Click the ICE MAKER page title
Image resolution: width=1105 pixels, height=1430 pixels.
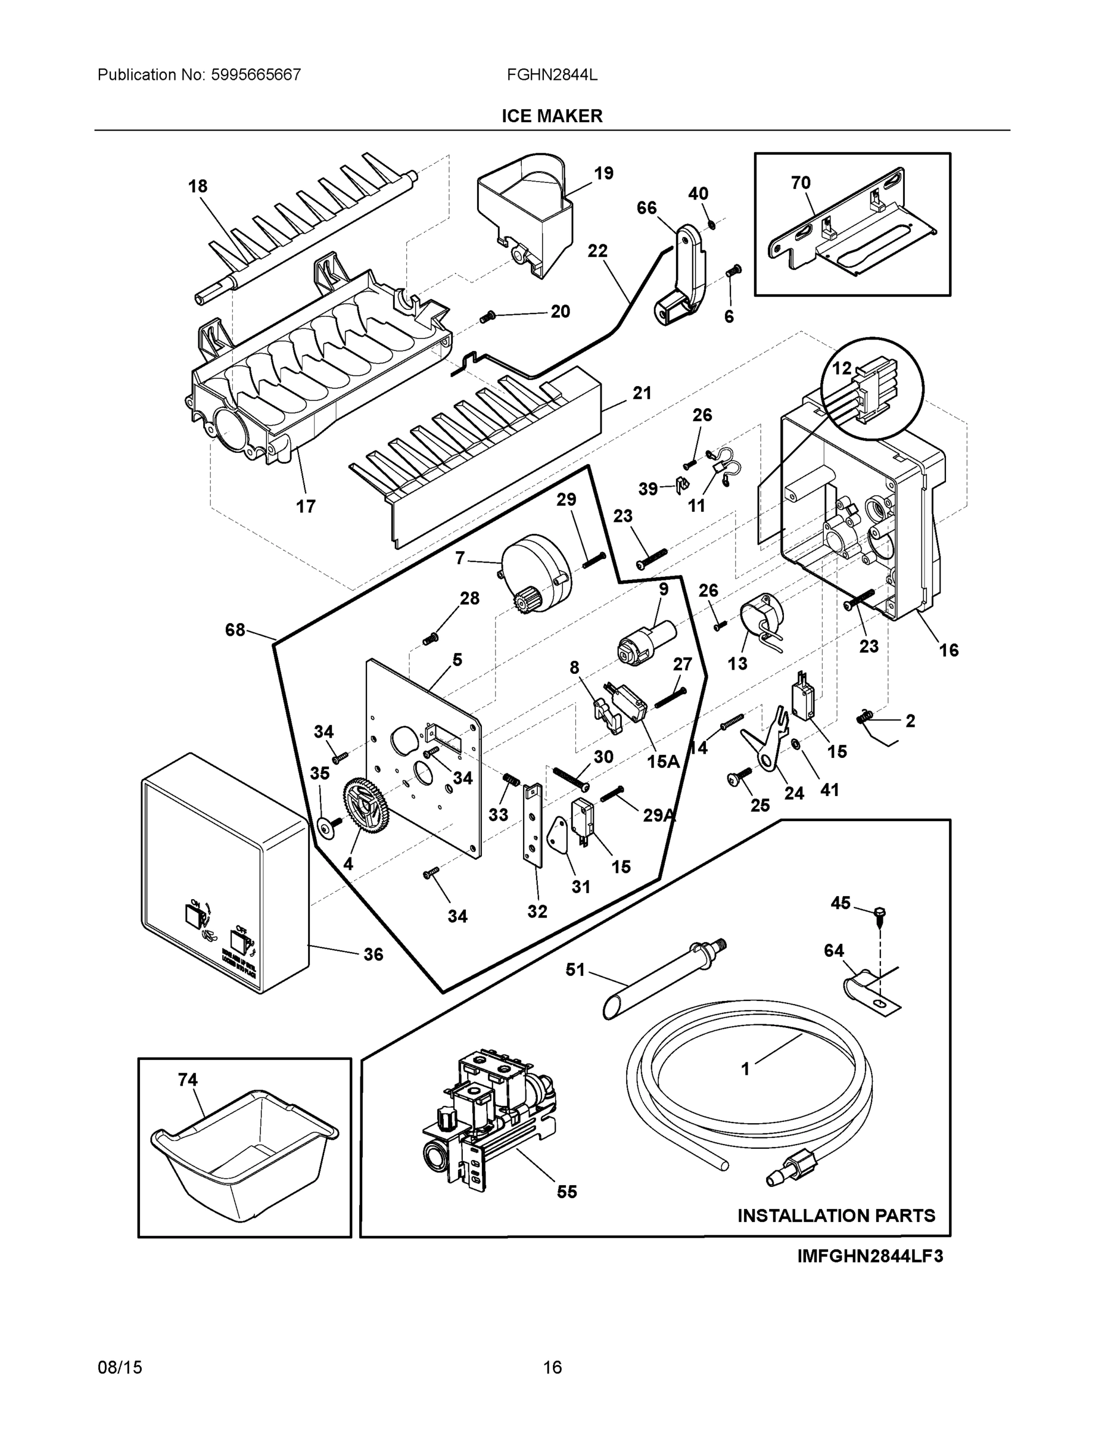point(552,116)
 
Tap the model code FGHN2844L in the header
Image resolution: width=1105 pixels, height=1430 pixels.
point(552,74)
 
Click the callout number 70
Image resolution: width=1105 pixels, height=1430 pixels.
point(801,183)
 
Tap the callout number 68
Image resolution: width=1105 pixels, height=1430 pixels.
point(235,630)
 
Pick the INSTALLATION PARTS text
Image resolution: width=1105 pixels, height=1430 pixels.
point(836,1216)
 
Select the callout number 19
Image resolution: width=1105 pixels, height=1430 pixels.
point(603,173)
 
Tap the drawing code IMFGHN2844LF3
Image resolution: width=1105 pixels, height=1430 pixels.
point(870,1257)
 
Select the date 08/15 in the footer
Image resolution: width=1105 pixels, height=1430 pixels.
point(120,1368)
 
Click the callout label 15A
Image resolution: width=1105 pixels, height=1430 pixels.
point(663,761)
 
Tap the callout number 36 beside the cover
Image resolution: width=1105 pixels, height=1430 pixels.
point(373,955)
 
